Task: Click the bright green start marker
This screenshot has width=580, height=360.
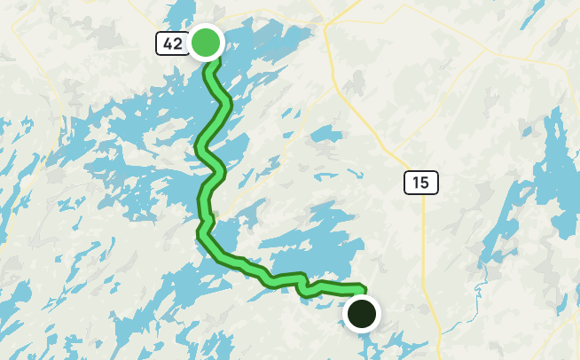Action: click(206, 42)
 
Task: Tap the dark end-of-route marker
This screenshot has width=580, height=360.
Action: click(361, 313)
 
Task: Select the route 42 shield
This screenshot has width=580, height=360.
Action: click(172, 43)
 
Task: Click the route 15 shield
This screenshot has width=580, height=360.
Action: click(420, 183)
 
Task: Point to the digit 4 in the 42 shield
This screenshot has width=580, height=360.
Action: click(168, 43)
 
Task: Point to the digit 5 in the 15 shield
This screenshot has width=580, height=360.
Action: click(426, 183)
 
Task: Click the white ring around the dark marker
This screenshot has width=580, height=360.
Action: click(361, 297)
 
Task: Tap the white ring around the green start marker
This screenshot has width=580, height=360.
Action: click(206, 26)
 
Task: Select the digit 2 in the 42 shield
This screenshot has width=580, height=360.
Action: click(176, 43)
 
